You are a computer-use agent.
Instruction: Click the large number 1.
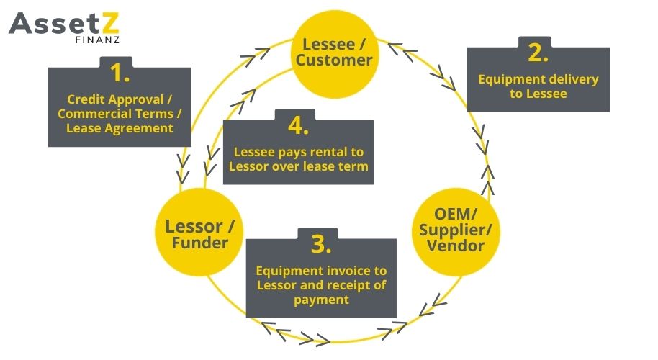(x=120, y=73)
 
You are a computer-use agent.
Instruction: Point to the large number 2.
(x=538, y=53)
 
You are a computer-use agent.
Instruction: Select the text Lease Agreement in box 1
(x=120, y=128)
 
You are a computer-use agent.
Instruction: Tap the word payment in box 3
(x=321, y=299)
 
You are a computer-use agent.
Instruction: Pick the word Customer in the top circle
(x=333, y=60)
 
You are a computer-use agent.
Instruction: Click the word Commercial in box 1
(x=89, y=114)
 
